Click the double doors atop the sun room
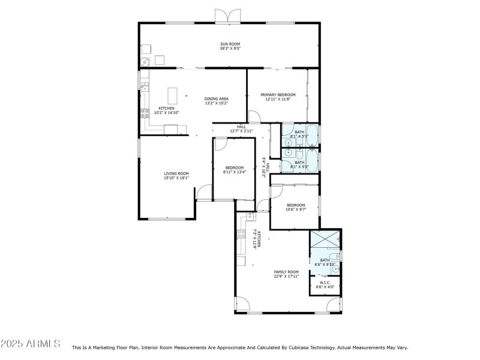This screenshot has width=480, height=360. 223,16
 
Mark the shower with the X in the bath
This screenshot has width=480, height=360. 325,240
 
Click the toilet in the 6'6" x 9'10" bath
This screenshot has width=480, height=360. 337,256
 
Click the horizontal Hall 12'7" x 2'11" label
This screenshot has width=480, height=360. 241,128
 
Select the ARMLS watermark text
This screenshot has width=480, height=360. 30,344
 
